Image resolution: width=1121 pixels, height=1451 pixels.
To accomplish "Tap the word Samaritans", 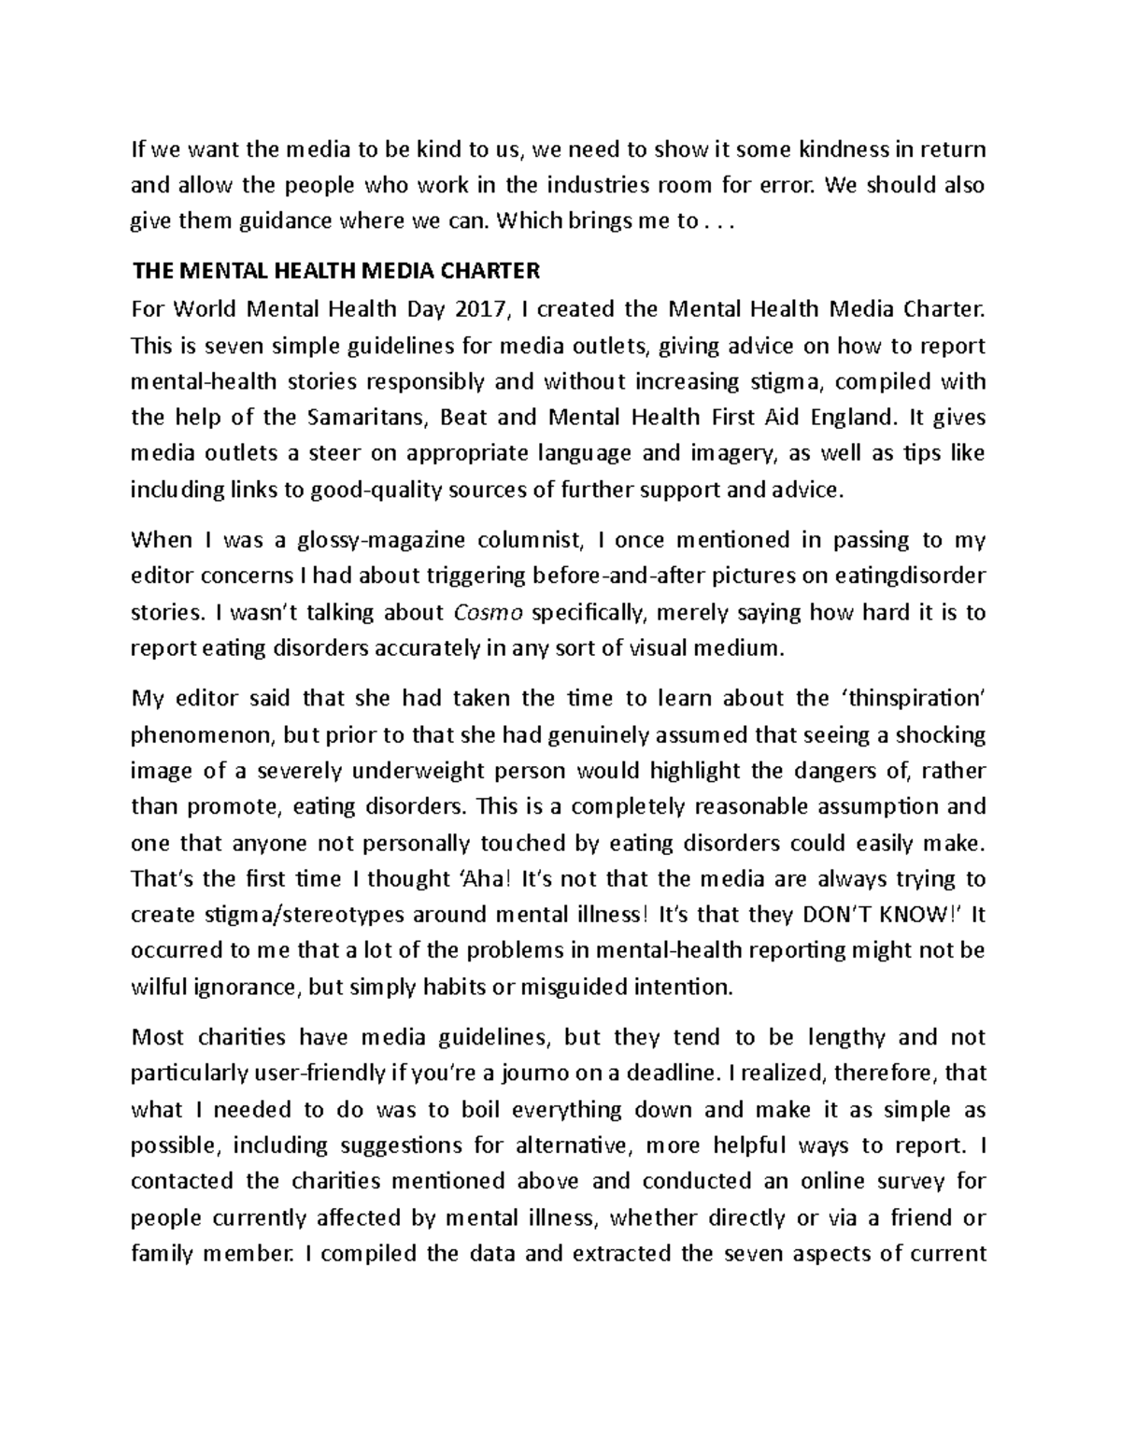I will pyautogui.click(x=372, y=417).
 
